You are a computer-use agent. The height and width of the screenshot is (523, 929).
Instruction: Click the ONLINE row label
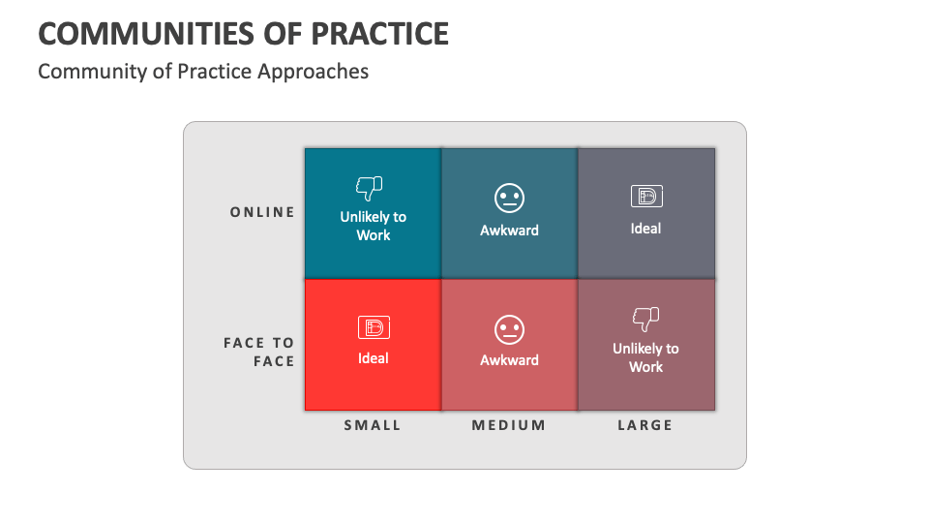tap(262, 212)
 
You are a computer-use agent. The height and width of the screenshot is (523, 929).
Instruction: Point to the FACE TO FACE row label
tap(259, 352)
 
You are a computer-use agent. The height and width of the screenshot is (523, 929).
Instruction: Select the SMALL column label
tap(373, 425)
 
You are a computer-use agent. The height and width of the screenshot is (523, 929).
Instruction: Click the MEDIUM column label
tap(509, 425)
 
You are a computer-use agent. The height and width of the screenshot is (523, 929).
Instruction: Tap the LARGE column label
tap(645, 425)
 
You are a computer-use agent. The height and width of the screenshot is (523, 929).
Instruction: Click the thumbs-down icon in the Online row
tap(370, 187)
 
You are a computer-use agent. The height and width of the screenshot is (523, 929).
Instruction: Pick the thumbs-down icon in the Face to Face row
tap(645, 318)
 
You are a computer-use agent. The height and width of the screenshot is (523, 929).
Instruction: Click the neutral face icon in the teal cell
tap(509, 199)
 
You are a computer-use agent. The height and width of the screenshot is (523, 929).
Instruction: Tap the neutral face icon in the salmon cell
tap(509, 329)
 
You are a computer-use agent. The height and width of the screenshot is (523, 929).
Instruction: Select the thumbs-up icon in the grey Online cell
tap(645, 197)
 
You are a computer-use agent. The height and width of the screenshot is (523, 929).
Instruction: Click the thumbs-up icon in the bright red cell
tap(373, 327)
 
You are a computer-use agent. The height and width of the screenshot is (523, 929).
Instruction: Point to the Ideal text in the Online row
tap(645, 229)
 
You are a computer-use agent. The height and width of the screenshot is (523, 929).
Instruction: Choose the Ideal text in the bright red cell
tap(373, 358)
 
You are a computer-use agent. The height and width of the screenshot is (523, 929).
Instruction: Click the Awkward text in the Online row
tap(509, 231)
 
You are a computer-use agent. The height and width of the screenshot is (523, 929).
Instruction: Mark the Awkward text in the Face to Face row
tap(509, 360)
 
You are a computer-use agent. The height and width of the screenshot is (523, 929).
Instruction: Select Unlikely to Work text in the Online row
tap(373, 226)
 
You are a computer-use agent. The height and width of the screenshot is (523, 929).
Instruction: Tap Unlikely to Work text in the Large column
tap(645, 357)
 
